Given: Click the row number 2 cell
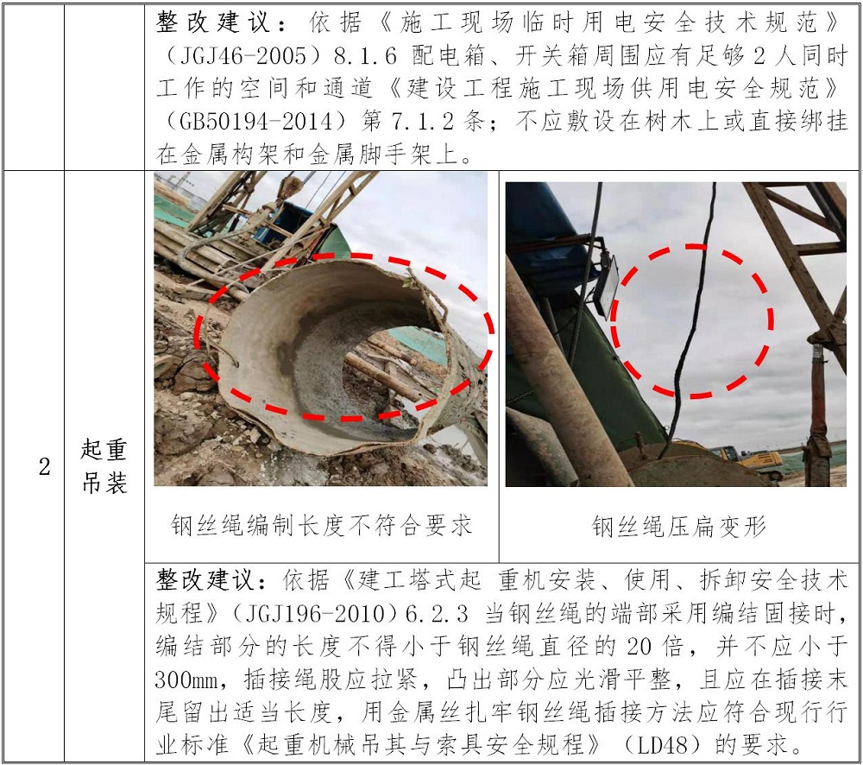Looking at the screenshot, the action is click(45, 467).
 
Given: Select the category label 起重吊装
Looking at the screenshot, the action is click(104, 466).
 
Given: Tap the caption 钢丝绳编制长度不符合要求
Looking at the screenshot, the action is click(322, 526).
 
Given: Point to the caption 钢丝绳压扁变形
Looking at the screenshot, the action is click(678, 527).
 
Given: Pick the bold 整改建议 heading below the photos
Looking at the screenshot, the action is click(205, 580).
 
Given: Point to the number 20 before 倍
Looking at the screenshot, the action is click(639, 647).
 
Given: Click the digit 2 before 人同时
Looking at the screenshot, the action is click(759, 55).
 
